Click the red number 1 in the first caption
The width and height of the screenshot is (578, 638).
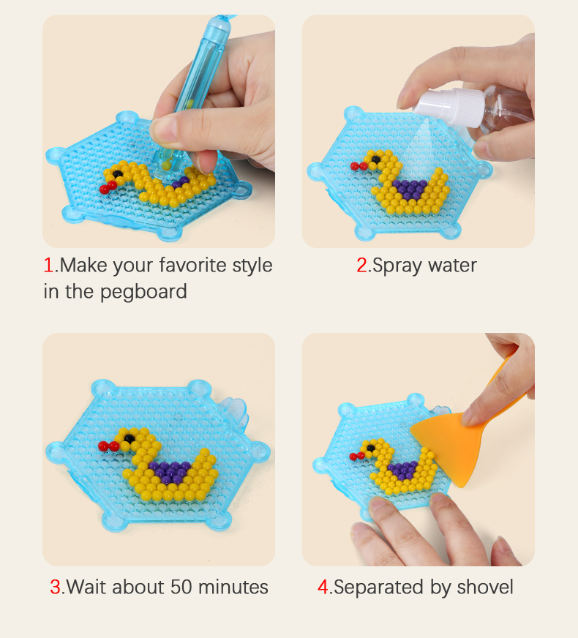tap(48, 265)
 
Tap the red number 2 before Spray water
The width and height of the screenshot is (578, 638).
tap(362, 265)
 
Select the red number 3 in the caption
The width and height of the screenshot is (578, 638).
tap(56, 587)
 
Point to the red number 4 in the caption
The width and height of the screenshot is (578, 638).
tap(323, 587)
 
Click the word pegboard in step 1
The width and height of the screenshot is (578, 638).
tap(143, 292)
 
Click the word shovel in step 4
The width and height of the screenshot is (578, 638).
tap(485, 587)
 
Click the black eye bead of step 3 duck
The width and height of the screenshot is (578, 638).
tap(128, 438)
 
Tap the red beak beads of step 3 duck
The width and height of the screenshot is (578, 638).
tap(108, 445)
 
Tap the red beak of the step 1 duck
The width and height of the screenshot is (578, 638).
tap(108, 187)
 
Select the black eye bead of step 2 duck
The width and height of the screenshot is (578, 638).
tap(375, 159)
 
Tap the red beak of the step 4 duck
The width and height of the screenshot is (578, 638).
tap(356, 456)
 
